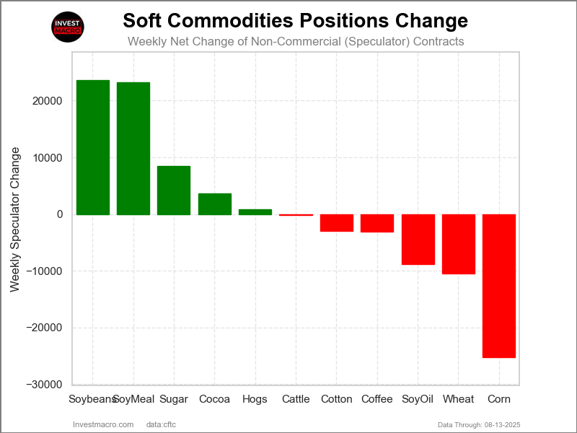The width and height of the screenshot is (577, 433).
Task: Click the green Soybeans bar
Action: coord(93,147)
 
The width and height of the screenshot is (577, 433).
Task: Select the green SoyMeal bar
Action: coord(133,149)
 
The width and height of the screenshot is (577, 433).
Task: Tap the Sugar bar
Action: coord(174,191)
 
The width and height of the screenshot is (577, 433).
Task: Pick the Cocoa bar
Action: coord(215,204)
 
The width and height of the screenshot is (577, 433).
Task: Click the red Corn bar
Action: coord(499,286)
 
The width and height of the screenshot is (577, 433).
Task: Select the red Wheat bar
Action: coord(459,244)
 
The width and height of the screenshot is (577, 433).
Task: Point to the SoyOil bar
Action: coord(418,240)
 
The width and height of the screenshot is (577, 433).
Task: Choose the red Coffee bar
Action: coord(377,223)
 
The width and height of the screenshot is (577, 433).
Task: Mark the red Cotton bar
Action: coord(337,223)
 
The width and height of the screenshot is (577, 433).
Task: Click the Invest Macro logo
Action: coord(69,27)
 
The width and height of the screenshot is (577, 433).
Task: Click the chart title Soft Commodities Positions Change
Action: coord(296,20)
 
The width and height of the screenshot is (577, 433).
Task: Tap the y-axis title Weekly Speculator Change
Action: coord(14,219)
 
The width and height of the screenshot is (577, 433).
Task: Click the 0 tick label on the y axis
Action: coord(60,214)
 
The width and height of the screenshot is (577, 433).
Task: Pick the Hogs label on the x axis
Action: coord(255,399)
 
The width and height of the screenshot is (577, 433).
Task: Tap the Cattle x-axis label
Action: coord(296,399)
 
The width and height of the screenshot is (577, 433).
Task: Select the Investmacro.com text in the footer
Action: coord(104,424)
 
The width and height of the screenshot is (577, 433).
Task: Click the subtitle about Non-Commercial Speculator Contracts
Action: coord(296,42)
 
